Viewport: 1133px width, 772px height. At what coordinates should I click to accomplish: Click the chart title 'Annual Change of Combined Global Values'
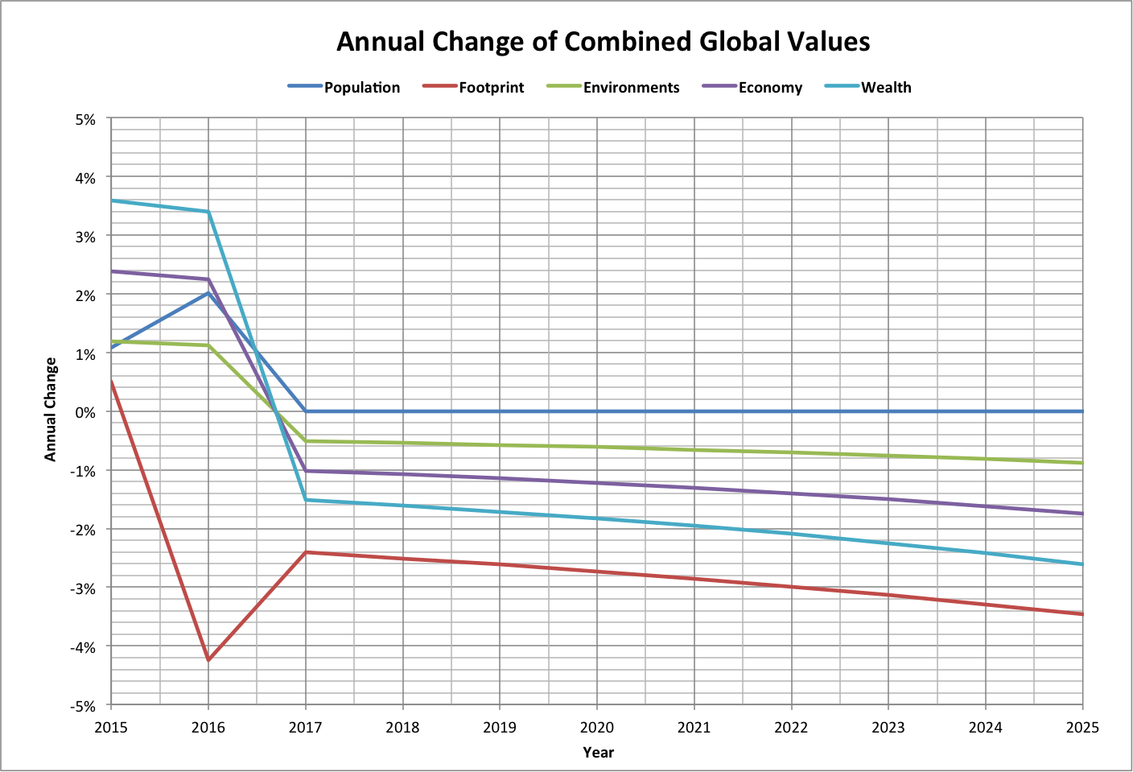tap(603, 42)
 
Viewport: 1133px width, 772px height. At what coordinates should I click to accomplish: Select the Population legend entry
tap(361, 88)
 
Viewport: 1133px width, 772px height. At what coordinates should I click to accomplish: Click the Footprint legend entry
tap(491, 88)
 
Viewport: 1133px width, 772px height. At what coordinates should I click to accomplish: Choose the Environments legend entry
tap(631, 88)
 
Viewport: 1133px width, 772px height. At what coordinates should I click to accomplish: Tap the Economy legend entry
tap(770, 88)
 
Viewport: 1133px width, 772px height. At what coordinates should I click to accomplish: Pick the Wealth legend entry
tap(886, 88)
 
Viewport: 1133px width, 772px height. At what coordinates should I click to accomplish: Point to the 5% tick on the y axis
tap(85, 119)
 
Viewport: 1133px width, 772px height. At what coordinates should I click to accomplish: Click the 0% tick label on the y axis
tap(85, 412)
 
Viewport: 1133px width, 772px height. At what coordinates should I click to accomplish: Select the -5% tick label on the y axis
tap(84, 706)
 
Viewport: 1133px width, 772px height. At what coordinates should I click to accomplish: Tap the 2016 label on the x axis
tap(208, 728)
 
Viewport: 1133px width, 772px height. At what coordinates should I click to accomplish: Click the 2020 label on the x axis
tap(597, 728)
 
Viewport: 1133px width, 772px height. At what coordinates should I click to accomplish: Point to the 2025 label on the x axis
tap(1082, 728)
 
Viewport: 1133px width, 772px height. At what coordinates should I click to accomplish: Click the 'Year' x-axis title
tap(598, 753)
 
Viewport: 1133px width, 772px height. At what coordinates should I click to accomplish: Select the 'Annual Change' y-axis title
tap(51, 410)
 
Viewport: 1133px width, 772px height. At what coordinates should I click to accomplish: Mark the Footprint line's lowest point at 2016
tap(208, 660)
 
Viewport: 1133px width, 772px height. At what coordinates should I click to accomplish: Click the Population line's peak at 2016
tap(208, 293)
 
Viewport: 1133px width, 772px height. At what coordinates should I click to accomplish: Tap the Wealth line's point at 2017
tap(306, 500)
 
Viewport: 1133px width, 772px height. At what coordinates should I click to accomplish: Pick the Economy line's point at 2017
tap(306, 471)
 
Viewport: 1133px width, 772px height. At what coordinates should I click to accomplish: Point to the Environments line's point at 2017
tap(306, 441)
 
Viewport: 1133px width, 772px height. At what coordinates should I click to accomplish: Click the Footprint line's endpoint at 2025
tap(1082, 614)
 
